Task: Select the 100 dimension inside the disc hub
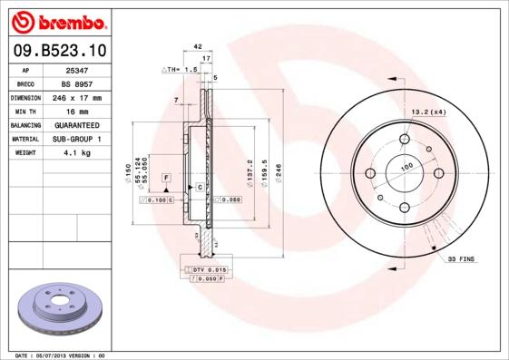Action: point(406,166)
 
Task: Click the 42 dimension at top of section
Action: point(198,45)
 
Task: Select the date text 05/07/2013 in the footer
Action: point(59,355)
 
